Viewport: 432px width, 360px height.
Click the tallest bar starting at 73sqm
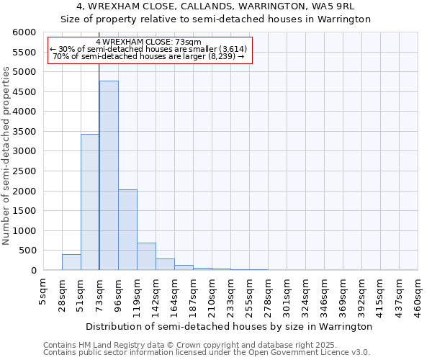click(x=109, y=176)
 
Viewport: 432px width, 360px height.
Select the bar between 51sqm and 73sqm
click(x=90, y=202)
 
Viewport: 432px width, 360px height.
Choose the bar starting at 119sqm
click(x=146, y=256)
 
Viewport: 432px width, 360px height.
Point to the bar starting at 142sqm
click(x=165, y=264)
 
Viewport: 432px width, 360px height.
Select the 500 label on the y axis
click(x=29, y=251)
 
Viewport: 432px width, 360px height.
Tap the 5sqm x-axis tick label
click(x=43, y=291)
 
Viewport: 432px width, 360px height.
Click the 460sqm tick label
click(x=418, y=293)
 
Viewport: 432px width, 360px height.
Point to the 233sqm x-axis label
click(x=230, y=293)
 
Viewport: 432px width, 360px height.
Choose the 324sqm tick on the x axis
click(x=305, y=293)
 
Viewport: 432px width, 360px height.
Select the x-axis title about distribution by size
click(x=229, y=326)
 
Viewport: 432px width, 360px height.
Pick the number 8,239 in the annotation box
click(x=221, y=56)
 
